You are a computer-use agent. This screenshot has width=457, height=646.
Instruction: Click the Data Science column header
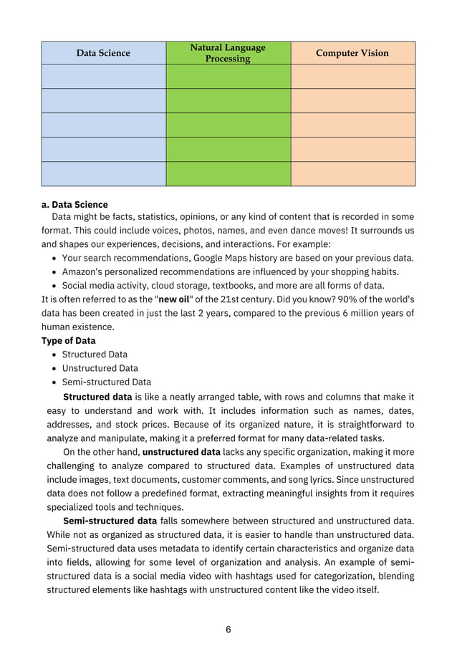[103, 53]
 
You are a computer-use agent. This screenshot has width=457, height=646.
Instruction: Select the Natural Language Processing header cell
[228, 53]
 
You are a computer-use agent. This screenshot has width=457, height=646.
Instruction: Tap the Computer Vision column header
[352, 53]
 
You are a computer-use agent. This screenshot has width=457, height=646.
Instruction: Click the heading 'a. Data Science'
[74, 204]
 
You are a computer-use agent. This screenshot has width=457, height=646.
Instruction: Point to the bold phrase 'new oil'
[173, 299]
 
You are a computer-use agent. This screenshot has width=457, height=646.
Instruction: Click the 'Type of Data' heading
[69, 340]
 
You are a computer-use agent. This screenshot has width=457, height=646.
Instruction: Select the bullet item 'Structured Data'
[95, 355]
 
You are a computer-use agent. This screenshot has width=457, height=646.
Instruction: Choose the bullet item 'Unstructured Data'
[100, 368]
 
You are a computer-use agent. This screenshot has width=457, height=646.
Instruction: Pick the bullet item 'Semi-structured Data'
[106, 382]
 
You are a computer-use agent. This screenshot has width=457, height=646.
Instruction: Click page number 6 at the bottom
[228, 630]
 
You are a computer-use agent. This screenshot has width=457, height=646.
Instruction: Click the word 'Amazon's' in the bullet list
[83, 271]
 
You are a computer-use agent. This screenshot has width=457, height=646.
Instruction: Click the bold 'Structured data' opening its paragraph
[97, 397]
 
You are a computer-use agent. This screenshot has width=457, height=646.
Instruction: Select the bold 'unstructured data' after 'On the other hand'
[181, 452]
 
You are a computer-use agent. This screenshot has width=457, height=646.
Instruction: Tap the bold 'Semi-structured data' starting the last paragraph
[110, 521]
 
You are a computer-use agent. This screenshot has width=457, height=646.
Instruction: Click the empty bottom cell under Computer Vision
[352, 174]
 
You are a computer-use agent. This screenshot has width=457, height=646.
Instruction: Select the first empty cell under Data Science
[103, 77]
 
